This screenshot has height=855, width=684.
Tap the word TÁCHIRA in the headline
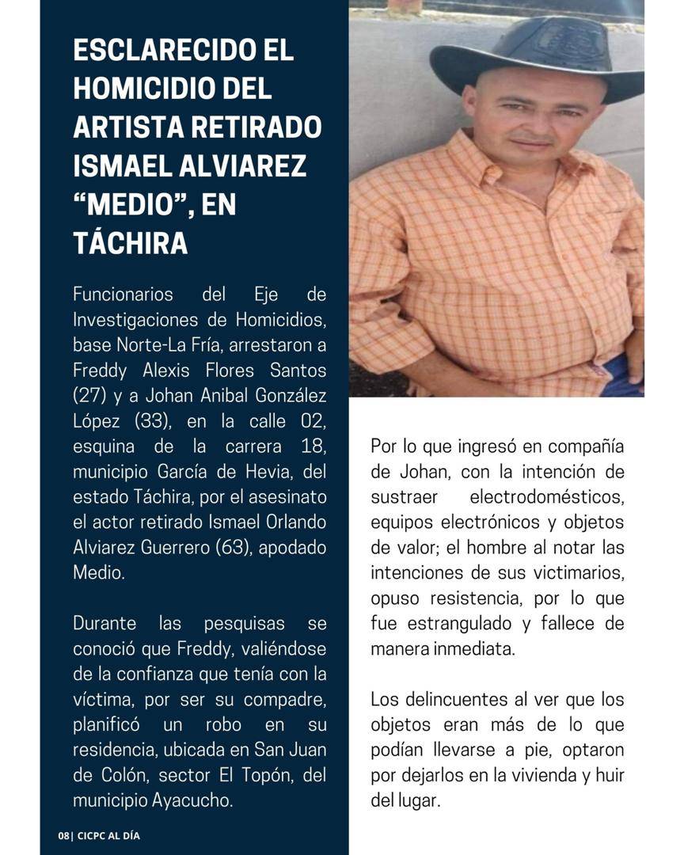pos(131,243)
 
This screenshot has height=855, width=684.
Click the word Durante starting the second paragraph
pos(105,622)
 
